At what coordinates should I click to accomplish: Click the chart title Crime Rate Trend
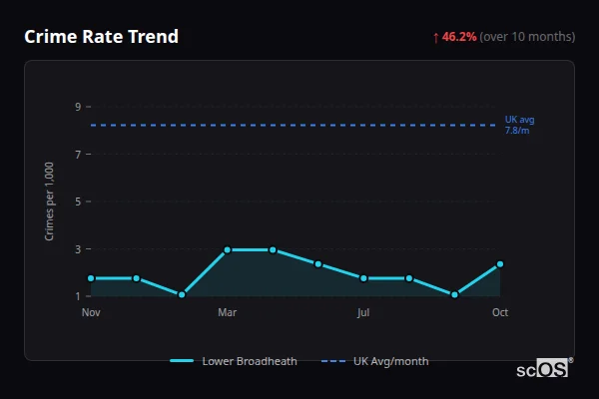(x=101, y=37)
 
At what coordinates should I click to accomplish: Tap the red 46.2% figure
(x=459, y=37)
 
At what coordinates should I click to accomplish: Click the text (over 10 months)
(x=527, y=37)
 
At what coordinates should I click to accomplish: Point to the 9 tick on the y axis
(x=78, y=107)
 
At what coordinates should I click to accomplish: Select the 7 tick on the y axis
(x=78, y=155)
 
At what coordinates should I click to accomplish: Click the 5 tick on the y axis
(x=78, y=201)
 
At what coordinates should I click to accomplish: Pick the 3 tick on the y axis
(x=78, y=249)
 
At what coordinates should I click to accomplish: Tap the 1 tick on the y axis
(x=78, y=296)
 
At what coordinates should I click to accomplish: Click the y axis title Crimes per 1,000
(x=50, y=201)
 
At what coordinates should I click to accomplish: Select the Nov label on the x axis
(x=91, y=312)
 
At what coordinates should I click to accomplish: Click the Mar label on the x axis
(x=227, y=312)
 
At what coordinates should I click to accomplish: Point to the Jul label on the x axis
(x=363, y=312)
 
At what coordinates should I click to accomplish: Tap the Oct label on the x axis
(x=500, y=312)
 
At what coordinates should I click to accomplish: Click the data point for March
(x=227, y=249)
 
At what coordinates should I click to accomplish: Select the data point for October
(x=500, y=264)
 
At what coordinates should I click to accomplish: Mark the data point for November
(x=91, y=278)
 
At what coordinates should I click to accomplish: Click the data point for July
(x=363, y=278)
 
